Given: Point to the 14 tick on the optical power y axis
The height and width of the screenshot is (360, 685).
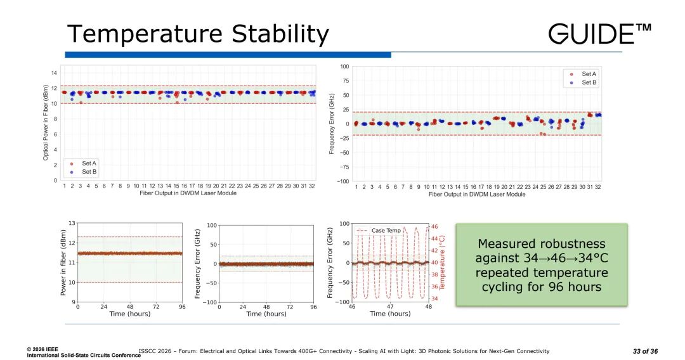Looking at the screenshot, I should tap(55, 73).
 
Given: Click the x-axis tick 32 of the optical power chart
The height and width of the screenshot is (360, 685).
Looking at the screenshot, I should tap(311, 186).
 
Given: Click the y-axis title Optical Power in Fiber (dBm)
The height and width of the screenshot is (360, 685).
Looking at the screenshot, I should tap(46, 122).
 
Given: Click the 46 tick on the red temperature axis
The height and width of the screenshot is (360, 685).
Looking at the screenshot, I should tap(434, 226).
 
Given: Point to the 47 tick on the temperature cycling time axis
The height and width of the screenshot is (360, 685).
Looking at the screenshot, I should tap(390, 307).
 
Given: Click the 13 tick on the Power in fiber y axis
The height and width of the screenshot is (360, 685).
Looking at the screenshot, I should tap(72, 223).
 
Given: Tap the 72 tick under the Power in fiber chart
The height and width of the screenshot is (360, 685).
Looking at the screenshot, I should tap(155, 307).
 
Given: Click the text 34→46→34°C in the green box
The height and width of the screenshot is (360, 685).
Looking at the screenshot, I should tap(542, 258).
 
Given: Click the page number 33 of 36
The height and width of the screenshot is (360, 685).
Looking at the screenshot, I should tap(645, 351).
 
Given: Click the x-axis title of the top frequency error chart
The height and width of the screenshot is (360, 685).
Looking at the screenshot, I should tap(477, 194).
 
